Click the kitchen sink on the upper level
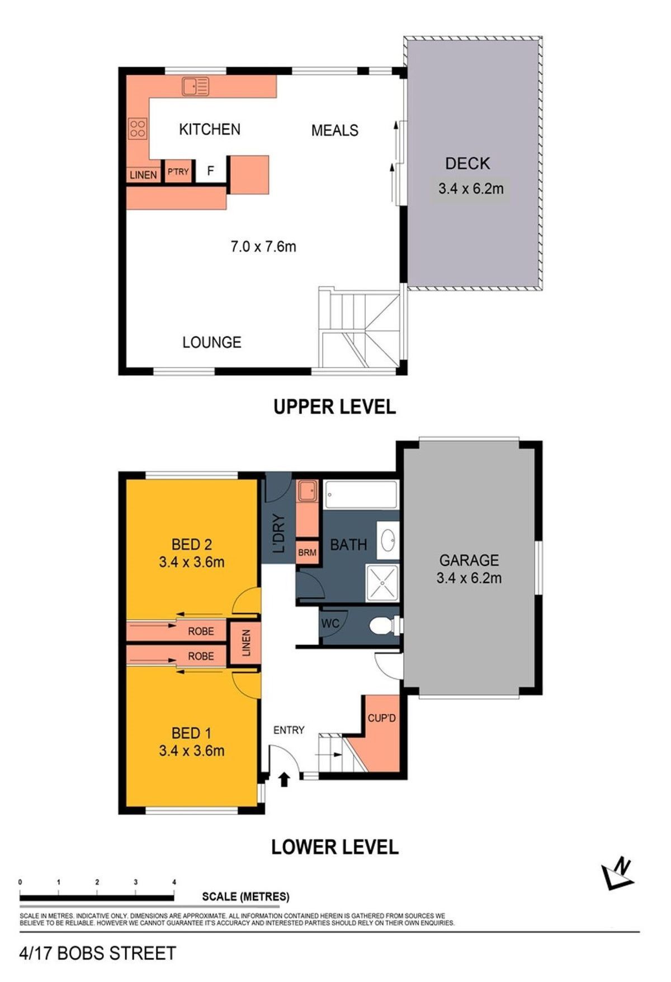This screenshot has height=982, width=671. pos(196,86)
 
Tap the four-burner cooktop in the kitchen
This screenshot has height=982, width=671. pos(138,129)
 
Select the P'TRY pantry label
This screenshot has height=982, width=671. pos(178,172)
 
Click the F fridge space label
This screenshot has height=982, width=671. pos(211,171)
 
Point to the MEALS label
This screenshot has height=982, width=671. pos(335,130)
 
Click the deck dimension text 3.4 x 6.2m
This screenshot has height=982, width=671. pos(471,188)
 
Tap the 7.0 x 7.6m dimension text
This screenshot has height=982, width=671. pos(263,246)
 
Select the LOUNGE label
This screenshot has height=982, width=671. pos(212,342)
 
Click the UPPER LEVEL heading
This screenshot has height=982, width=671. pos(334,407)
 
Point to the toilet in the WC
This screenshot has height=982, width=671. pos(386,624)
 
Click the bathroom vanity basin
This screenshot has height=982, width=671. pos(388,540)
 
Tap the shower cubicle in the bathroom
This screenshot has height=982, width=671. pos(382,583)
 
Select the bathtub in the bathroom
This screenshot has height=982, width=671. pos(361,494)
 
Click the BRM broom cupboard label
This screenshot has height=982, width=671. pos(307,553)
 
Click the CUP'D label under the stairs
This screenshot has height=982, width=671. pos(382,718)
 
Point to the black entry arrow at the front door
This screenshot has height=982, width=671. pos(284,779)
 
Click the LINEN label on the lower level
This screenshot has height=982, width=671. pos(246,643)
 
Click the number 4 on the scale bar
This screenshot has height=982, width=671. pos(174,882)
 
